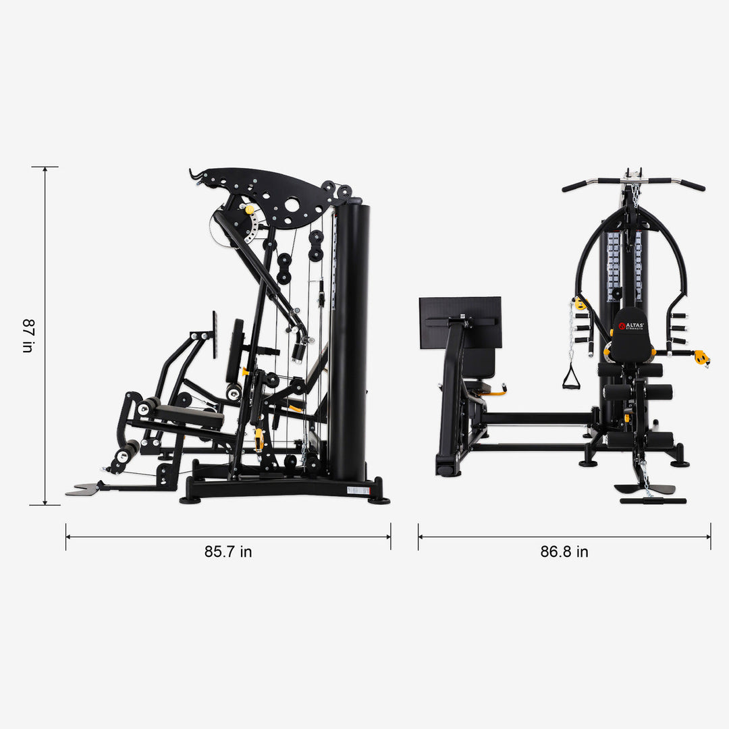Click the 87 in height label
(x=27, y=336)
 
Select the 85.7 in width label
(x=228, y=551)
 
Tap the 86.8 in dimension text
(x=564, y=551)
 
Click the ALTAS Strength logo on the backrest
(x=631, y=327)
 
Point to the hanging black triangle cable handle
(x=571, y=378)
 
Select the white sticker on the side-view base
(x=358, y=490)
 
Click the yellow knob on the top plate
(x=250, y=210)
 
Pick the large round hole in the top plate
(x=292, y=204)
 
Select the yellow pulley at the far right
(x=702, y=357)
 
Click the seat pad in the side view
(x=189, y=415)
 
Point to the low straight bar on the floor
(x=653, y=501)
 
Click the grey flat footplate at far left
(x=83, y=489)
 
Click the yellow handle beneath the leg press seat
(x=497, y=389)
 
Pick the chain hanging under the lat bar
(x=634, y=196)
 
